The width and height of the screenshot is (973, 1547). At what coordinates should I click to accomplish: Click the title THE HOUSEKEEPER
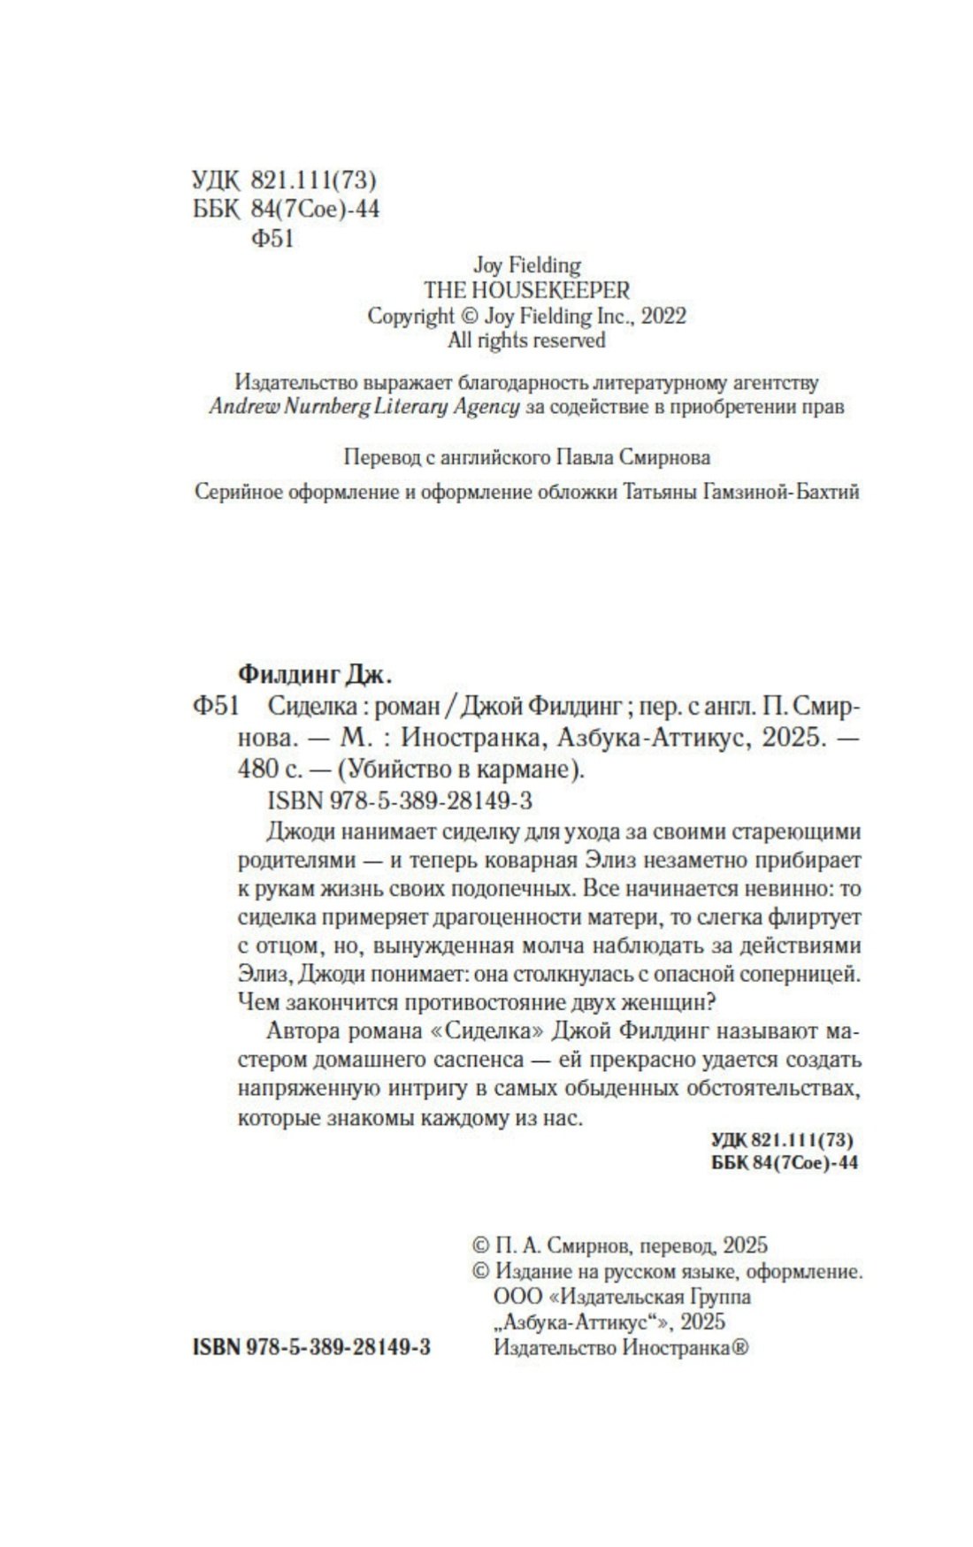point(526,290)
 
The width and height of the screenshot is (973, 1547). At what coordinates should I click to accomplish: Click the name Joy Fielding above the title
point(526,264)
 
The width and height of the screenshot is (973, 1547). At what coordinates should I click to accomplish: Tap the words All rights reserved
point(526,341)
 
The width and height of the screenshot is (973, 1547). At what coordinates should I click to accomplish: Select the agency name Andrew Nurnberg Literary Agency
point(364,407)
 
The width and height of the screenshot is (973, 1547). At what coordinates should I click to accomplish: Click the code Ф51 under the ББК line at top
point(272,238)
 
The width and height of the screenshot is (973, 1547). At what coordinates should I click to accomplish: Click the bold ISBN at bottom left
point(310,1347)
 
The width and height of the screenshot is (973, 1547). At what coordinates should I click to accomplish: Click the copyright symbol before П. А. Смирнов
point(481,1246)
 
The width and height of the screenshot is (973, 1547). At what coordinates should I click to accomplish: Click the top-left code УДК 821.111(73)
point(284,181)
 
